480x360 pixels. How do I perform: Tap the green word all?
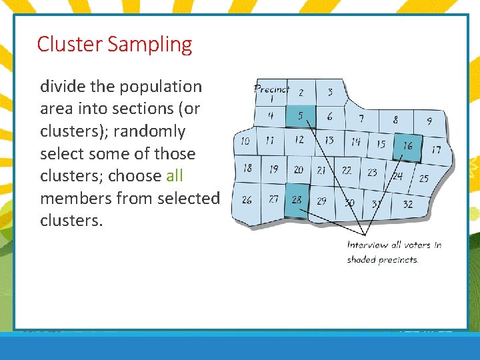pyautogui.click(x=174, y=176)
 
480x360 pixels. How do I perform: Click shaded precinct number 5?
pyautogui.click(x=300, y=116)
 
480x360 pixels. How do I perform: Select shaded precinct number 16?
pyautogui.click(x=407, y=145)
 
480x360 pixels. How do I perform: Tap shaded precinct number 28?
pyautogui.click(x=297, y=200)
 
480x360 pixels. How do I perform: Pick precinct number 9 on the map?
pyautogui.click(x=429, y=121)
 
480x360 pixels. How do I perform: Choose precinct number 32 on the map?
pyautogui.click(x=407, y=204)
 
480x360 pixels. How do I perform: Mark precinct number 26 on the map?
pyautogui.click(x=247, y=199)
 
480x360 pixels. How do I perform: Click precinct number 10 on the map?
pyautogui.click(x=245, y=141)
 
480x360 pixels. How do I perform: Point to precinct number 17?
pyautogui.click(x=435, y=149)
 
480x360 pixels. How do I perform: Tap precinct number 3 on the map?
pyautogui.click(x=329, y=92)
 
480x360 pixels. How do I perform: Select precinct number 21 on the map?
pyautogui.click(x=321, y=171)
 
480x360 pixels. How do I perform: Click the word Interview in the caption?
pyautogui.click(x=367, y=245)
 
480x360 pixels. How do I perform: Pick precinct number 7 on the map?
pyautogui.click(x=361, y=119)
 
